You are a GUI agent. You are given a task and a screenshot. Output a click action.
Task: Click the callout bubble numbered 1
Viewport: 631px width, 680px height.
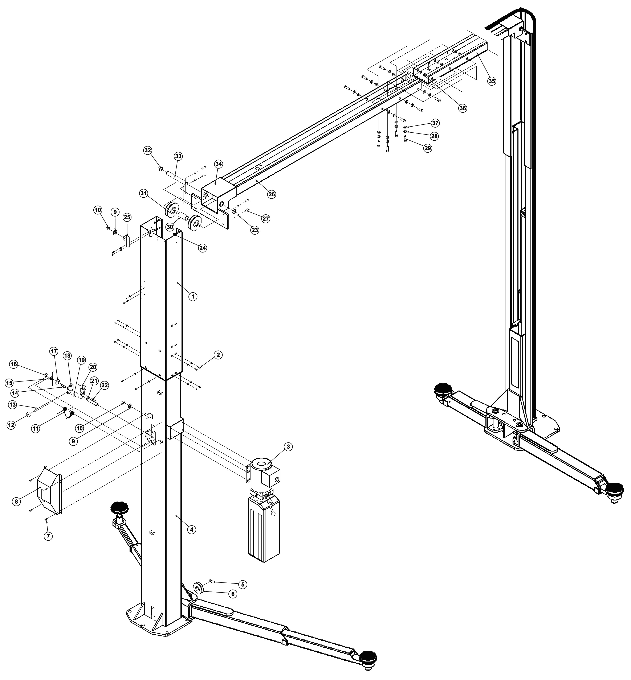click(x=193, y=297)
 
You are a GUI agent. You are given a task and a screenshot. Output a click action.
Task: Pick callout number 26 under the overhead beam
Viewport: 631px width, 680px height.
click(x=272, y=194)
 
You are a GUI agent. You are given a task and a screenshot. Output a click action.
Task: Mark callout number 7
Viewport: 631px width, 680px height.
click(x=48, y=536)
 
